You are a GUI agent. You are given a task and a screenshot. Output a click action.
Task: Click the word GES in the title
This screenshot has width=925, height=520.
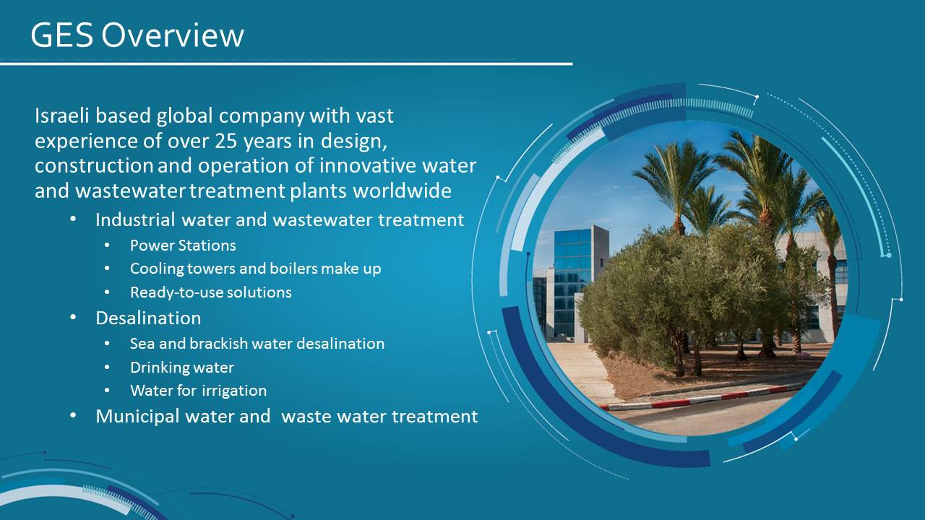tap(62, 35)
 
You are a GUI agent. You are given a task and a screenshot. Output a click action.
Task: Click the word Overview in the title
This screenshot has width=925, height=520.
tap(173, 35)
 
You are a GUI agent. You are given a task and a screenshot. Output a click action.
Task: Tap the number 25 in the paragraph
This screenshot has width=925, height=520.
tap(226, 141)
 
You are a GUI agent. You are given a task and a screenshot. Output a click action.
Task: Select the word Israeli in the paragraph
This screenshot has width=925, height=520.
tap(62, 116)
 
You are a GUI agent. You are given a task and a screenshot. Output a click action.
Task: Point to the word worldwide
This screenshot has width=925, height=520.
tap(403, 191)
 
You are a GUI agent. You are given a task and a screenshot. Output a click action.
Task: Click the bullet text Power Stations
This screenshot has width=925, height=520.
tap(183, 246)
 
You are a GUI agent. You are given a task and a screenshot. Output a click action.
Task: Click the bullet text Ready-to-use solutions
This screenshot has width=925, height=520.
tap(210, 292)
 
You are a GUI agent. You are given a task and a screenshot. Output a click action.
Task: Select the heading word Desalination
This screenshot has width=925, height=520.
tap(148, 318)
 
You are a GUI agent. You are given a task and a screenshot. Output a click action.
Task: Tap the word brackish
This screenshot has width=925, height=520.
tap(218, 344)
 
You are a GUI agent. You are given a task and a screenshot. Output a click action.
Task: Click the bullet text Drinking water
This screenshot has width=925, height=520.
tap(182, 368)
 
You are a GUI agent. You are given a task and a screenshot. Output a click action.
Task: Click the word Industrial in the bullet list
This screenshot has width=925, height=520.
tap(135, 220)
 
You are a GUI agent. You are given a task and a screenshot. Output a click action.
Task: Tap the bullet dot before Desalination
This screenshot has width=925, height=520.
tap(73, 318)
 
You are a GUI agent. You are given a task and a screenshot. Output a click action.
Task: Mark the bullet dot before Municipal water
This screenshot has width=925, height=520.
tap(73, 415)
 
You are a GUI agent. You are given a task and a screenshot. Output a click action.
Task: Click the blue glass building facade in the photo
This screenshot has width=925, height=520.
tap(572, 281)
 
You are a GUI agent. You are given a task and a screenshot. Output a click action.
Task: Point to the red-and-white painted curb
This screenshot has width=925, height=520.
tap(702, 398)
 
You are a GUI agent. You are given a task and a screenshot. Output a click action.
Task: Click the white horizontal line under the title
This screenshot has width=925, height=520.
tap(286, 64)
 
